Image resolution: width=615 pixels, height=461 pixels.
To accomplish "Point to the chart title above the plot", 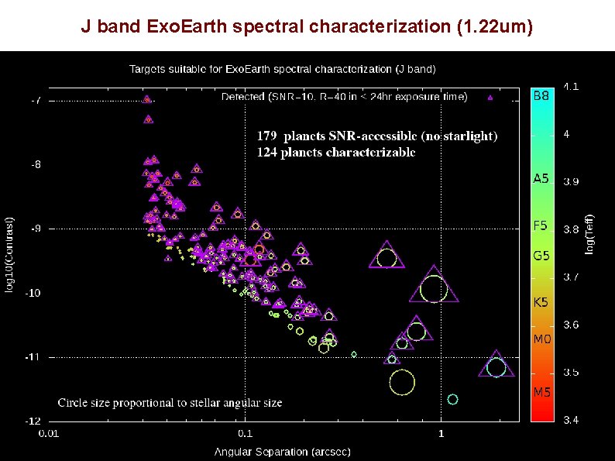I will pos(282,69).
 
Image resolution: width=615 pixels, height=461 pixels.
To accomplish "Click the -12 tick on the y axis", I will pos(35,421).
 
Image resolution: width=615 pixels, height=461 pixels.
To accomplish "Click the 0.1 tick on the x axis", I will pos(245,434).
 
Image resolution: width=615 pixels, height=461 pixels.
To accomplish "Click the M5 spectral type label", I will pos(541,392).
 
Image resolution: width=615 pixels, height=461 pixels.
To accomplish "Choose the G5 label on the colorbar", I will pos(541,255).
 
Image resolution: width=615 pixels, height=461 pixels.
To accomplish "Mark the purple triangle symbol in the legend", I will pos(490,98).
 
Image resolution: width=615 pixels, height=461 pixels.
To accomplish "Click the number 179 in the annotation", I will pos(267,136).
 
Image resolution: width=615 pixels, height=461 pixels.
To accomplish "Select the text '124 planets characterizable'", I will pos(335,152).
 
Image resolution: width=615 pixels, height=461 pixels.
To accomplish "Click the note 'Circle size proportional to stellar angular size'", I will pos(170,403).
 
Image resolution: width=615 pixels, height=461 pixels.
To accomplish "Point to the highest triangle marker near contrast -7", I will pos(147,99).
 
